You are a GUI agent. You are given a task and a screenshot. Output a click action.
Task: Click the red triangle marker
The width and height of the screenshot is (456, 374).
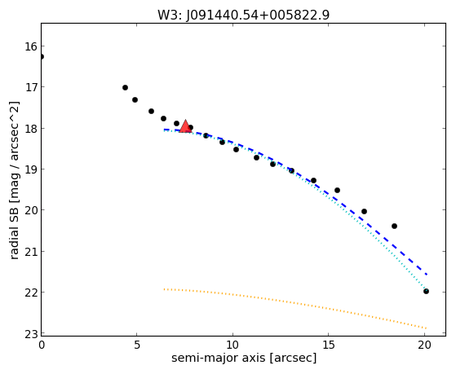(x=185, y=126)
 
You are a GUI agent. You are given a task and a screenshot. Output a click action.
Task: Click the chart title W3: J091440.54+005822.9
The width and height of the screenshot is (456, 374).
(x=243, y=15)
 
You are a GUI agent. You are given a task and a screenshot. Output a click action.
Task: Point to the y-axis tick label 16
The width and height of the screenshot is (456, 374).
(x=30, y=46)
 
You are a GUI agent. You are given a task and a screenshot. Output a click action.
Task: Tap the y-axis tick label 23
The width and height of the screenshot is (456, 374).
(x=30, y=334)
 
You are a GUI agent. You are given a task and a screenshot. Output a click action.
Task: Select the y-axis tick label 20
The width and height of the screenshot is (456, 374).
(x=30, y=210)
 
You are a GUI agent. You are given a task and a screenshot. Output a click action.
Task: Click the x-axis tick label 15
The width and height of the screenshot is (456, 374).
(x=328, y=345)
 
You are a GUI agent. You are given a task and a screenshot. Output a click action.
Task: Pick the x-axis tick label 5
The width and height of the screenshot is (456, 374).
(x=137, y=345)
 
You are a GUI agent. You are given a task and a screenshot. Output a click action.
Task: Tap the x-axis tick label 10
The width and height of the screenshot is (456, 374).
(x=232, y=345)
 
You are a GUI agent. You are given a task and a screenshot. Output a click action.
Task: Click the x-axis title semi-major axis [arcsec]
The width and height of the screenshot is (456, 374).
(x=244, y=358)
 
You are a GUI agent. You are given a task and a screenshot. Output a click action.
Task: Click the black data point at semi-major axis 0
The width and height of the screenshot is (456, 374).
(x=42, y=57)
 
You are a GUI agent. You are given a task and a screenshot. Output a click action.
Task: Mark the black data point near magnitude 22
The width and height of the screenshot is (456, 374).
(x=426, y=291)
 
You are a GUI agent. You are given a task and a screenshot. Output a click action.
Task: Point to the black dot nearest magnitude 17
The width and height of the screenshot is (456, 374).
(x=125, y=87)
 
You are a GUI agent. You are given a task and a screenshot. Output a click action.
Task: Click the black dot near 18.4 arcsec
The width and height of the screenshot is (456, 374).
(x=394, y=226)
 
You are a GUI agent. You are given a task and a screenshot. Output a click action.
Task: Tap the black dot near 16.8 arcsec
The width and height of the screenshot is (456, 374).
(x=364, y=211)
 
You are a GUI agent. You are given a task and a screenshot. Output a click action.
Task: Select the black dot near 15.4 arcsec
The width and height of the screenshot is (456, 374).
(x=338, y=191)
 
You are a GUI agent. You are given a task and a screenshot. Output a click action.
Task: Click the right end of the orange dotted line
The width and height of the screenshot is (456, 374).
(x=426, y=328)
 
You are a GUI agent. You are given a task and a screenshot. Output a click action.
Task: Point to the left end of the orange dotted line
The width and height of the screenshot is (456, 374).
(x=164, y=289)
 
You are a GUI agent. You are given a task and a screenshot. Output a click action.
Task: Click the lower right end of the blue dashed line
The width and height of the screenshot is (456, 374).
(x=427, y=275)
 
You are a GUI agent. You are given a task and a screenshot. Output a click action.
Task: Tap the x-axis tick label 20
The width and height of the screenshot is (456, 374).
(x=424, y=345)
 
